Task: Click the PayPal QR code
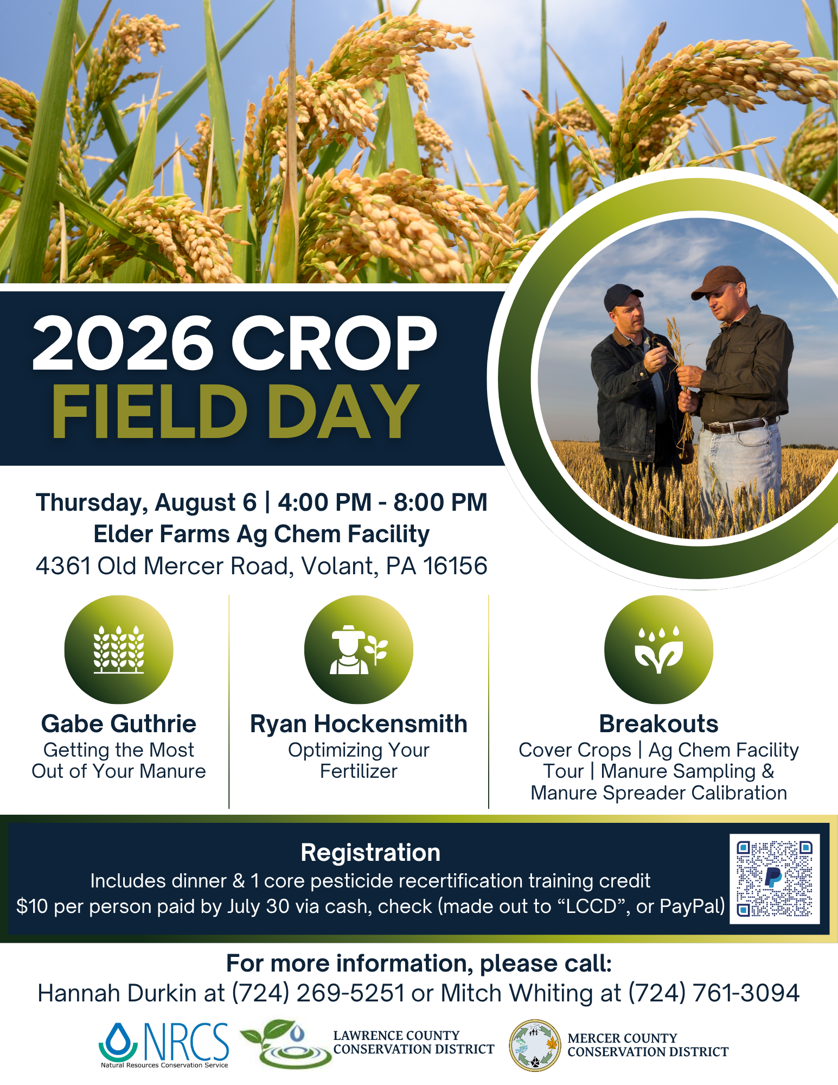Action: click(x=775, y=879)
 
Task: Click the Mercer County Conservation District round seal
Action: click(x=535, y=1045)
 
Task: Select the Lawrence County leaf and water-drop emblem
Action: click(x=286, y=1044)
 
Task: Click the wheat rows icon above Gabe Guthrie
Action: click(x=119, y=650)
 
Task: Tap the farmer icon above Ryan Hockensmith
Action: click(x=359, y=650)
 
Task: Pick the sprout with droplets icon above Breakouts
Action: click(x=658, y=650)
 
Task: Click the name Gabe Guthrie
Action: click(x=119, y=724)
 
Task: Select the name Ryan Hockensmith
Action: click(x=359, y=724)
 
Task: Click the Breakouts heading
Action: click(x=658, y=724)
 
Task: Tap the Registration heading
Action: click(x=370, y=853)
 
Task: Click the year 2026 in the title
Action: click(x=123, y=344)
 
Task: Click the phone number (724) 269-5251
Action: click(x=318, y=993)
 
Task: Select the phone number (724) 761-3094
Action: click(x=714, y=993)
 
